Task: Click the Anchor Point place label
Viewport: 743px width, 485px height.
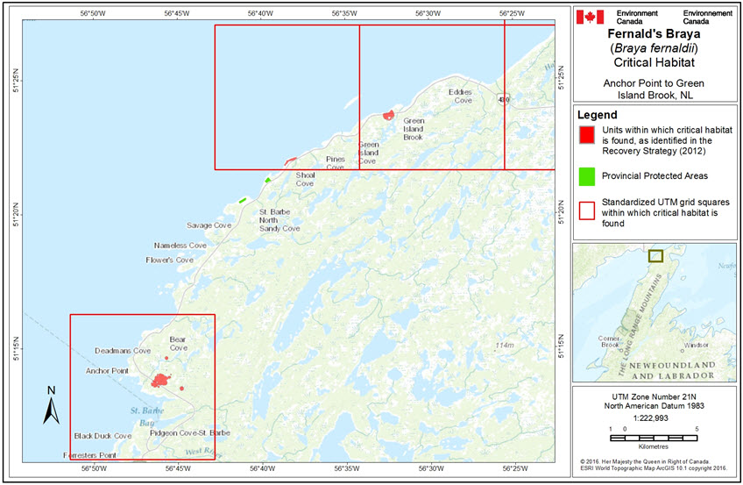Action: (107, 371)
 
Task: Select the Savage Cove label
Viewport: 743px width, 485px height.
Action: (209, 225)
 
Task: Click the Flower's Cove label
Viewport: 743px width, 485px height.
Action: (169, 260)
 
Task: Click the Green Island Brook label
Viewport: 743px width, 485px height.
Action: (413, 129)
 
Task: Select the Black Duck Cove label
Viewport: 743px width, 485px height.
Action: (102, 435)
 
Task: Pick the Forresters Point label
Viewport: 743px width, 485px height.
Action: (90, 456)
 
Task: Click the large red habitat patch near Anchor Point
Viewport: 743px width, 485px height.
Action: (159, 381)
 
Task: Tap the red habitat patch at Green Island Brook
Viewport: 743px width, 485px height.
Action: (387, 114)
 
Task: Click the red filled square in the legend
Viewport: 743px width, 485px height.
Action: (586, 134)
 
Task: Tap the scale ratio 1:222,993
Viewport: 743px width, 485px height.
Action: (647, 417)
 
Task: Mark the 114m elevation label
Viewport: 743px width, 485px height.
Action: (503, 346)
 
